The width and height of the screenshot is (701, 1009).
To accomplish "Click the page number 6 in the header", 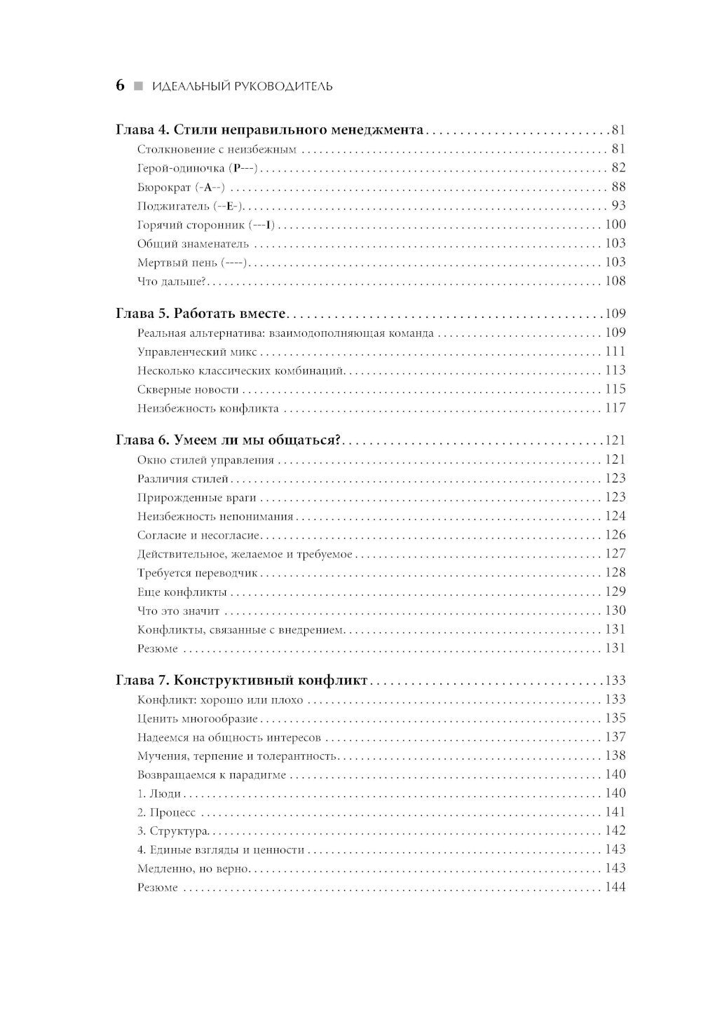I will click(120, 85).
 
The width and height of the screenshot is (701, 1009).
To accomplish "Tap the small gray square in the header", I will click(138, 86).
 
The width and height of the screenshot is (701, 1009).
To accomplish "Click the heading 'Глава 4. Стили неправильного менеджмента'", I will click(269, 130).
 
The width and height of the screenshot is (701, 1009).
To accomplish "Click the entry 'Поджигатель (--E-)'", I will click(190, 206).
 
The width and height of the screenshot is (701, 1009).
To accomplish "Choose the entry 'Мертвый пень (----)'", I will click(193, 263).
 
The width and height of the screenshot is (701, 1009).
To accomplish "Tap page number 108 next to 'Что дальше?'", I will click(615, 281).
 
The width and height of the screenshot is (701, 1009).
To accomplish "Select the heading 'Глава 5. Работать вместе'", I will click(203, 314).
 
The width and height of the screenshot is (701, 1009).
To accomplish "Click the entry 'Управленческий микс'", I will click(197, 352).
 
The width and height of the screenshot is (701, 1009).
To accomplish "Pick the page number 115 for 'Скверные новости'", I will click(615, 389).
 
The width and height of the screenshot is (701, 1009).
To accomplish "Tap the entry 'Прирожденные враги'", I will click(197, 498).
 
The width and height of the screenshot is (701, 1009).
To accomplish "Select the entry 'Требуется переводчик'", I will click(198, 573).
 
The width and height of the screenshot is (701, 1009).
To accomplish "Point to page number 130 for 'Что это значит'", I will click(615, 611).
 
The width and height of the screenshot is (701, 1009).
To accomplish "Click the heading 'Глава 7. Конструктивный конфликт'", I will click(241, 681).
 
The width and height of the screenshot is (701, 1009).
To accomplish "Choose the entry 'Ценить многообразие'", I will click(198, 718).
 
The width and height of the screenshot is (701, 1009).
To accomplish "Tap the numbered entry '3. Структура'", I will click(173, 831).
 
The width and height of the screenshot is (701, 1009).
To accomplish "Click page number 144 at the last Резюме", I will click(615, 888).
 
